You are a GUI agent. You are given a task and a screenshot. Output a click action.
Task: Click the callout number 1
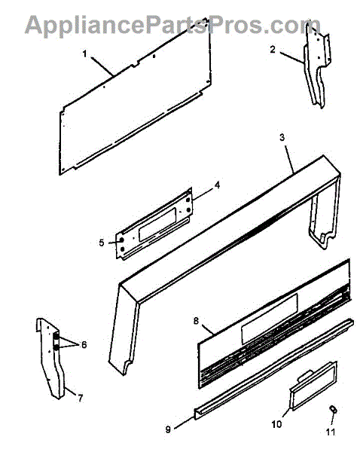coord(84,54)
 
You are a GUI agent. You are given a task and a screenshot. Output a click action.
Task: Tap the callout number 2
coord(273,50)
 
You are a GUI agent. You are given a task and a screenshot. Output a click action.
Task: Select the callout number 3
coord(282,138)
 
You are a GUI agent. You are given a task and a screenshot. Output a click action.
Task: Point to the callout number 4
coord(218,185)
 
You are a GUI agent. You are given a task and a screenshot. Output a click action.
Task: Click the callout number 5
coord(102,243)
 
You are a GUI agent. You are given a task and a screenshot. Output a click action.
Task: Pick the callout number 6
coord(84,344)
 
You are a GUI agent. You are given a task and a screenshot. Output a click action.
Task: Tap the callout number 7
coord(80,398)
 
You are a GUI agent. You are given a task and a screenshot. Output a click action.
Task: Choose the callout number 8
coord(196,321)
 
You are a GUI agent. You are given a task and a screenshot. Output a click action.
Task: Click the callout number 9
coord(168,429)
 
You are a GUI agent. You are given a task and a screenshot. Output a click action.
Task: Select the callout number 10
coord(276,424)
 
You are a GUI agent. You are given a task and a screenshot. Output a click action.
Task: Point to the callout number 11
coord(331,432)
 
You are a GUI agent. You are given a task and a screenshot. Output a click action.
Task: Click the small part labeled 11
coord(333,409)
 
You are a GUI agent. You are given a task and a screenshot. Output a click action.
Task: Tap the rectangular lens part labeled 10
coord(313,386)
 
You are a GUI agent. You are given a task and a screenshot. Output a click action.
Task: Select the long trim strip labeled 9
coord(274,369)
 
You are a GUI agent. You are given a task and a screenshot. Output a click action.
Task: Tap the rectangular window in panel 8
coord(270,319)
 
